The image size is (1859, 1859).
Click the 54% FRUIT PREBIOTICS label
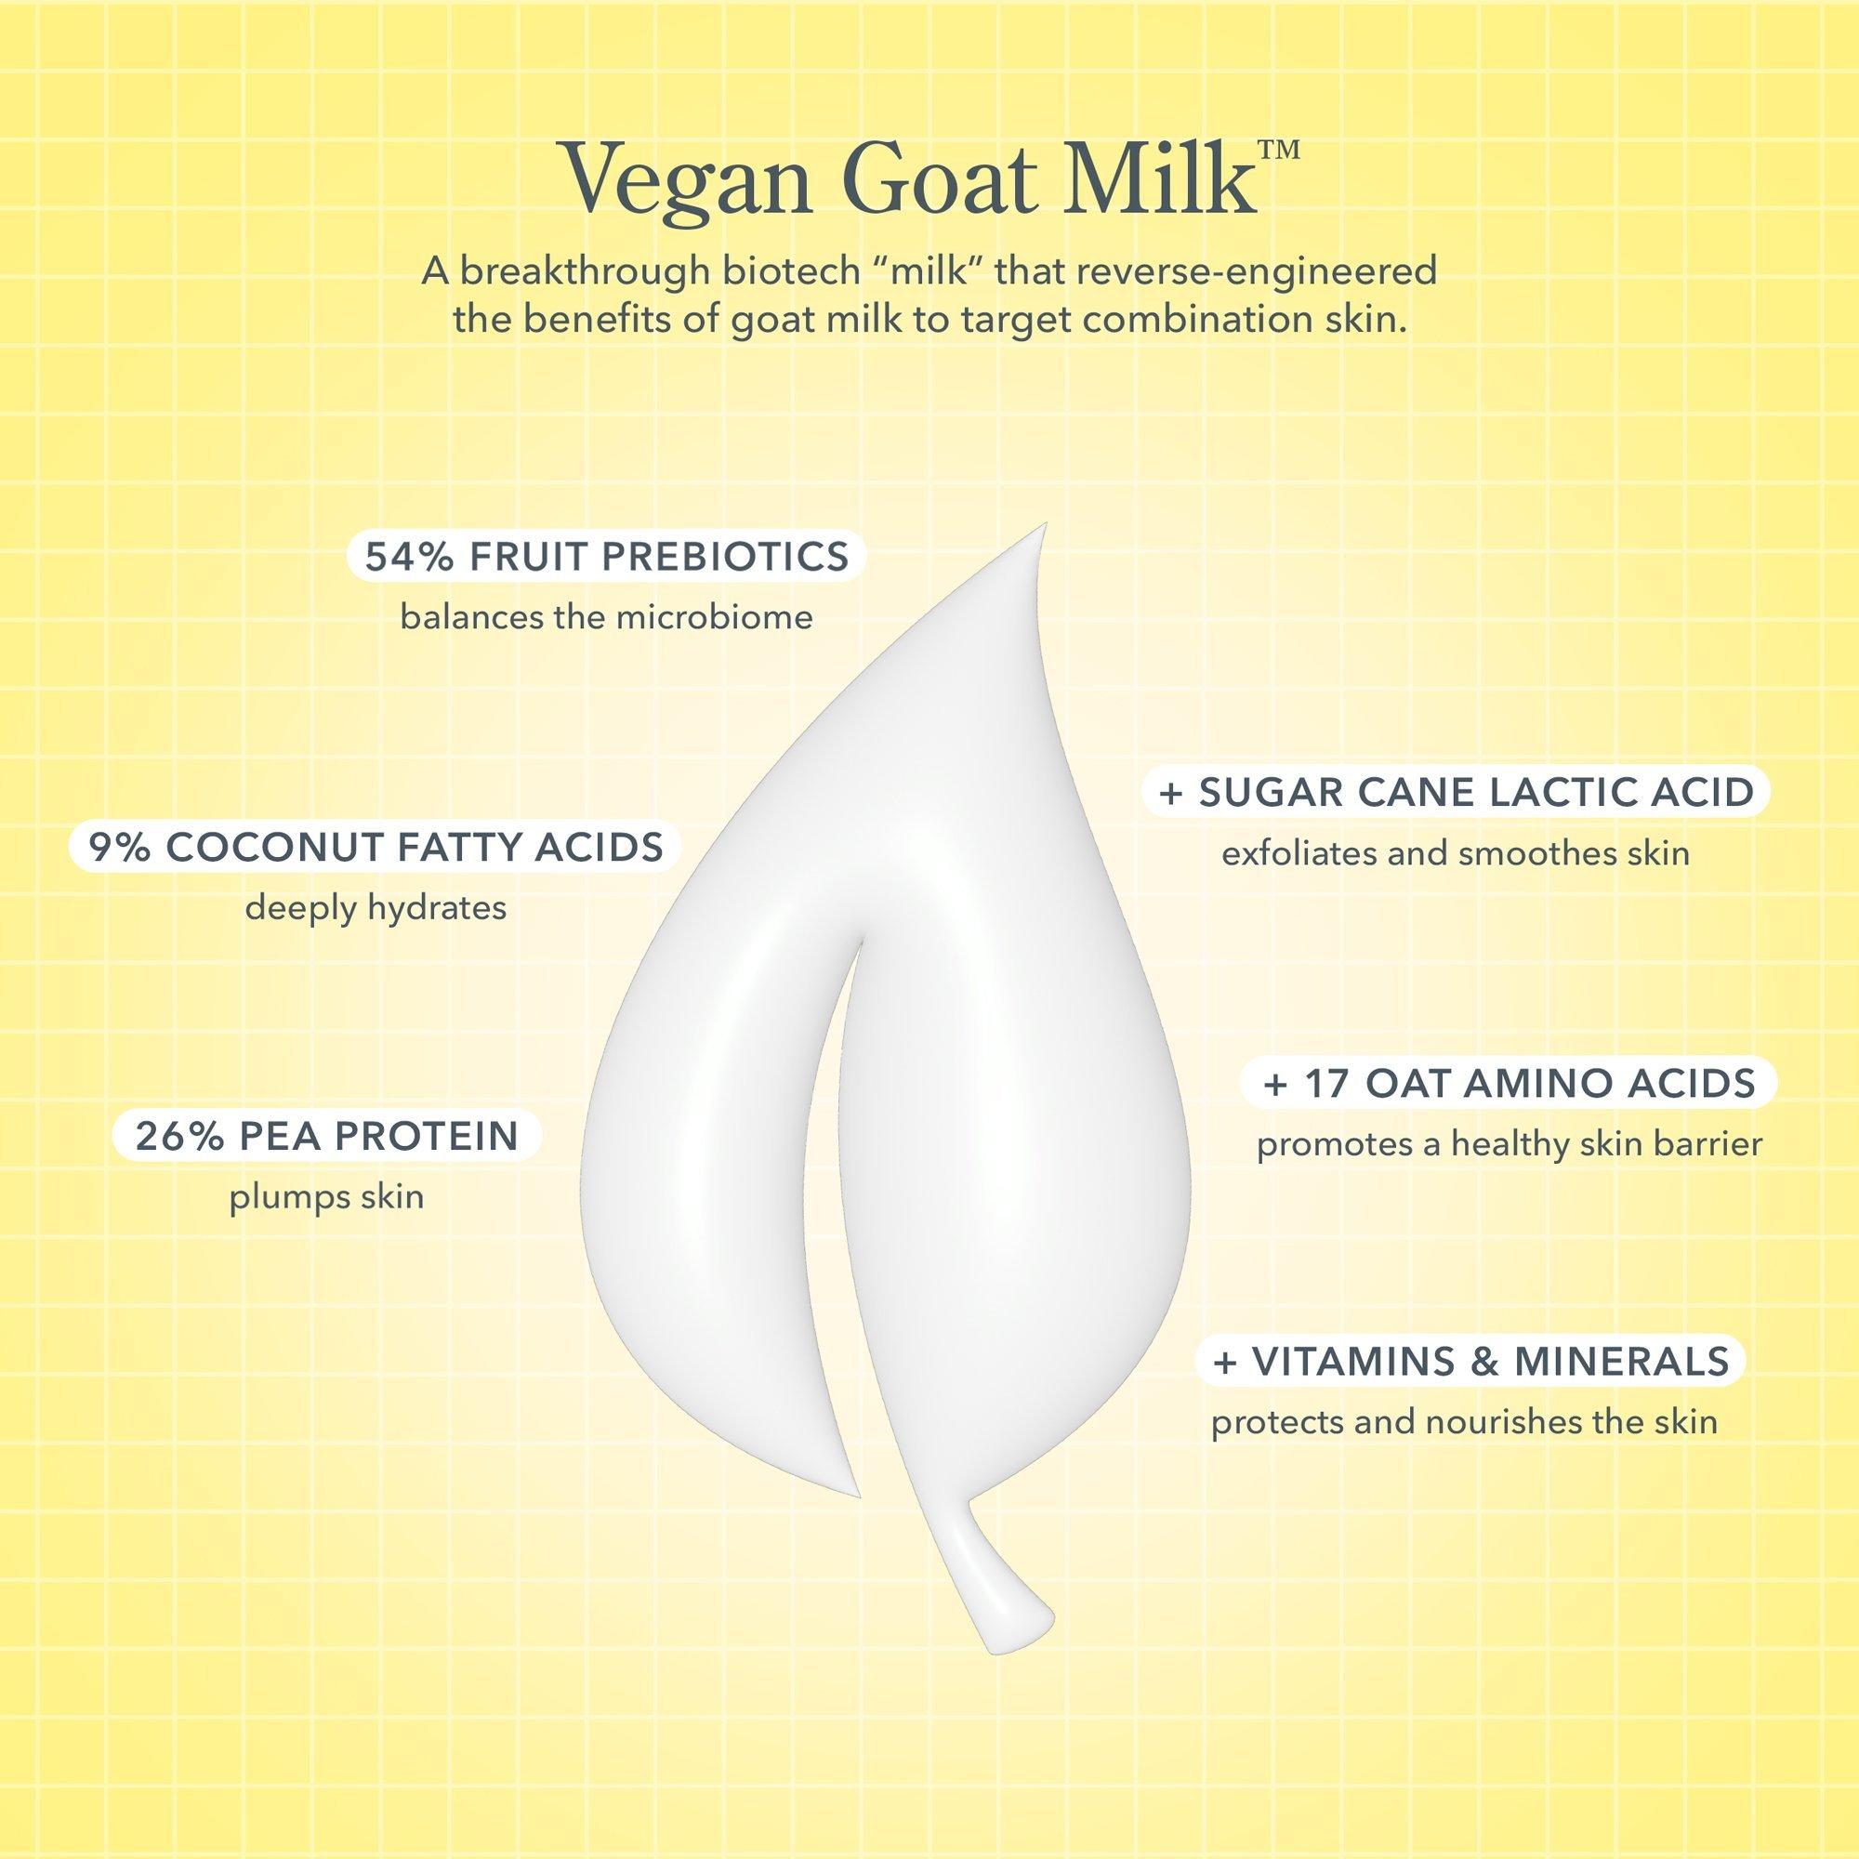[x=606, y=557]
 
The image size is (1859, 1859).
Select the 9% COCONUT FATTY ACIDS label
[x=376, y=848]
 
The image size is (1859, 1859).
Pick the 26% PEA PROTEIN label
[x=327, y=1136]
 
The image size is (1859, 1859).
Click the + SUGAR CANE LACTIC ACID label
[x=1456, y=792]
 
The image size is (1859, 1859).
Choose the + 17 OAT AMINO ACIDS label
[x=1509, y=1084]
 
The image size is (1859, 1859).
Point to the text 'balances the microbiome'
[x=606, y=617]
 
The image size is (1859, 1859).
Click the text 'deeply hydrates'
[x=376, y=908]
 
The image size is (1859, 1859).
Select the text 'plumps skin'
[x=327, y=1197]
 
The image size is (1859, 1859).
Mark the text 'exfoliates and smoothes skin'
[x=1456, y=853]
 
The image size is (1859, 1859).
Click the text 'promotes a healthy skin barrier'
[x=1509, y=1144]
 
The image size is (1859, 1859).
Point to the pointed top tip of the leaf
[x=1045, y=525]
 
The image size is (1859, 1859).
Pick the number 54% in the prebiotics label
[x=411, y=557]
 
